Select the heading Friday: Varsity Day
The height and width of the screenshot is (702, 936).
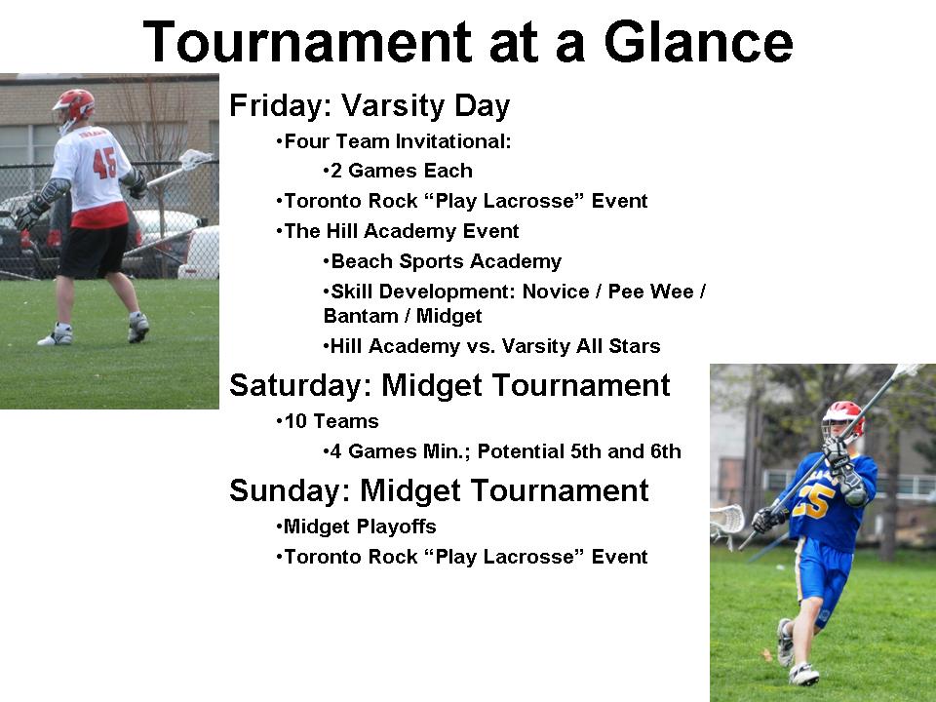(370, 105)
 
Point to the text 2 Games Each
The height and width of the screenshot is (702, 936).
(401, 171)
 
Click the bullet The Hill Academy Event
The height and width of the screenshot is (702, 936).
(401, 231)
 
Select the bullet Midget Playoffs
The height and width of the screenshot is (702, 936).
(359, 526)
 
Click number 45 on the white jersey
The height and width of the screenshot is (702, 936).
(104, 162)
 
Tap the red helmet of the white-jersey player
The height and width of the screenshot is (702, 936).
(74, 103)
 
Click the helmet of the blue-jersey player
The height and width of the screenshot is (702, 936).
(842, 418)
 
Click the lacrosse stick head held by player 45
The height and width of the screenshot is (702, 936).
(196, 158)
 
